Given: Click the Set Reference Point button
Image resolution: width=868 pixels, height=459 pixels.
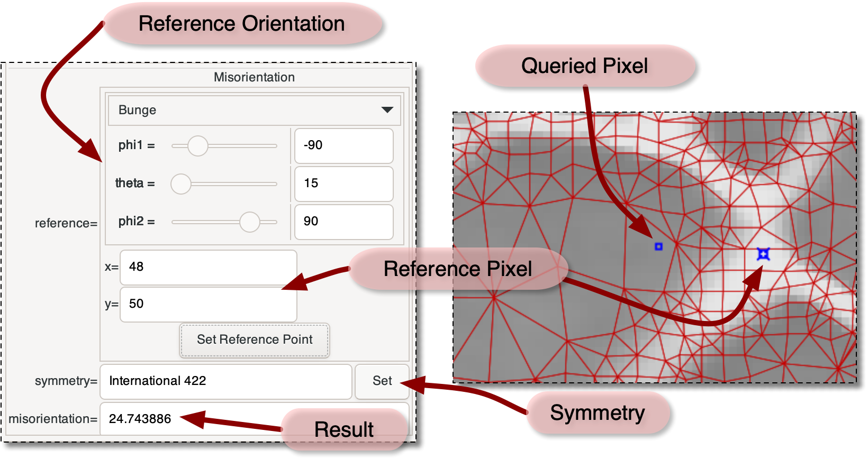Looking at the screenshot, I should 255,340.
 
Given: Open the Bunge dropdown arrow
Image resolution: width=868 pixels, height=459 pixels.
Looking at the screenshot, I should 387,110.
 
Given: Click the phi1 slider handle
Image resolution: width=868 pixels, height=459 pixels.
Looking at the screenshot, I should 198,145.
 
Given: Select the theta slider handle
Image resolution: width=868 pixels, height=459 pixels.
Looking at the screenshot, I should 181,184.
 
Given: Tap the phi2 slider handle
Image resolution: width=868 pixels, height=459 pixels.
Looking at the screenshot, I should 249,222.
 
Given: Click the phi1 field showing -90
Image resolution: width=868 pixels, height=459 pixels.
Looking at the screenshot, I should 343,145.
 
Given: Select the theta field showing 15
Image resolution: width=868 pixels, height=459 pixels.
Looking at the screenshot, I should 343,183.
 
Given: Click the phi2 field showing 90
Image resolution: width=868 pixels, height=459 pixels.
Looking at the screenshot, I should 343,222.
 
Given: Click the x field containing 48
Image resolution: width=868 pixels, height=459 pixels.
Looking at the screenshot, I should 208,267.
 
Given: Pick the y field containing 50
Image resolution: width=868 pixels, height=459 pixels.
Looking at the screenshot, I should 208,304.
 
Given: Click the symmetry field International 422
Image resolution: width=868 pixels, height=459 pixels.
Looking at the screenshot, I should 225,381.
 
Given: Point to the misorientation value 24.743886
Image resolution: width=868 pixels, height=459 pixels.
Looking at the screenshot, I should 140,419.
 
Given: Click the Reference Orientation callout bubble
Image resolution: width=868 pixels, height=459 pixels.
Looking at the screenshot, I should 242,24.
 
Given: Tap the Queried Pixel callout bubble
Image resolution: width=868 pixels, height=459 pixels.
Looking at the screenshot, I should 585,66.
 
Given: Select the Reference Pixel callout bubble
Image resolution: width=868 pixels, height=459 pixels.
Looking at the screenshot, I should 458,269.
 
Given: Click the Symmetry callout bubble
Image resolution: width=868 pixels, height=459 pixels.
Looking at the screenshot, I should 598,412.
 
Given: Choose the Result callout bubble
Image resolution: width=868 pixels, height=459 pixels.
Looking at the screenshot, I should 344,429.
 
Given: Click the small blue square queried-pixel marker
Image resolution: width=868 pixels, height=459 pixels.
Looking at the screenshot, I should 658,246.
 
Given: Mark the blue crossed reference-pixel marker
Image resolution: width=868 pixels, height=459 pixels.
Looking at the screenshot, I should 763,254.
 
